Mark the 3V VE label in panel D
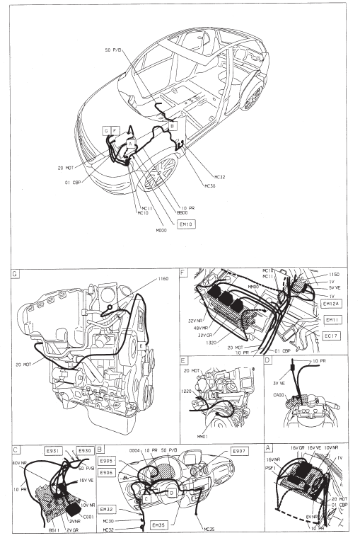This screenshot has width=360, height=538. pos(279,383)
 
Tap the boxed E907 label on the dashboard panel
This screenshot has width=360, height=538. pos(237,452)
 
